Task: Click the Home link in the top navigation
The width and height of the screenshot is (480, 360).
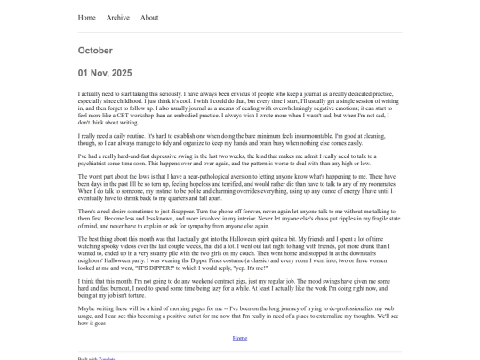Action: click(86, 17)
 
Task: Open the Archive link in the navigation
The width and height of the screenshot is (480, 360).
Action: click(117, 17)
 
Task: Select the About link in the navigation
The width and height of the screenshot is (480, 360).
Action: click(149, 17)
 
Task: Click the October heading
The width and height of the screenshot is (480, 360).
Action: click(95, 51)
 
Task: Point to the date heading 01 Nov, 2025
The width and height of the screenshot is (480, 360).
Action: click(104, 73)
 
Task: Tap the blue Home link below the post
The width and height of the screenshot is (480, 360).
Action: click(239, 339)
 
